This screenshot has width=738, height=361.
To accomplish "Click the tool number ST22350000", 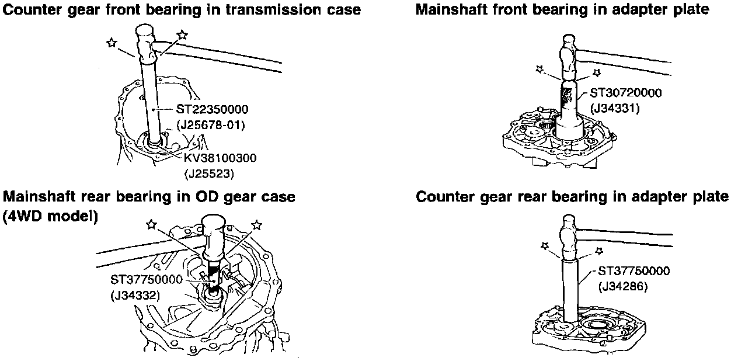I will [213, 109].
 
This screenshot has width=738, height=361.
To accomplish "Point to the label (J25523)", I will [208, 173].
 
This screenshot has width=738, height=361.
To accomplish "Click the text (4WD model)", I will [50, 216].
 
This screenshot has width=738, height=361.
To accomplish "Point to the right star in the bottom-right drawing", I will [598, 251].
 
